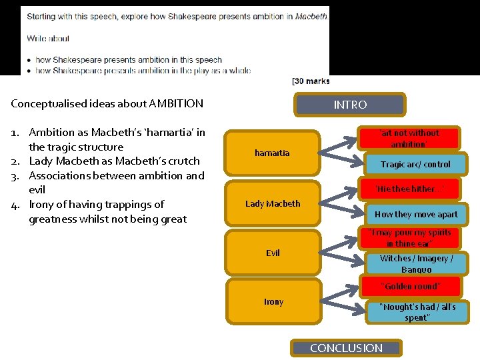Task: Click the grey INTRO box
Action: click(x=350, y=105)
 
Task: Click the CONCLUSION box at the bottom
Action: click(x=347, y=348)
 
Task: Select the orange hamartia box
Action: click(x=272, y=153)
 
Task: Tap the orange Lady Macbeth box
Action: click(x=273, y=204)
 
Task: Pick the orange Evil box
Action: click(x=273, y=253)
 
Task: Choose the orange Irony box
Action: click(x=273, y=301)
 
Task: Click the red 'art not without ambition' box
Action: click(x=409, y=139)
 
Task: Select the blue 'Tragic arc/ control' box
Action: click(x=415, y=164)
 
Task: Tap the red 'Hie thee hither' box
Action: click(x=408, y=189)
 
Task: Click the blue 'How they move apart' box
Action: click(x=416, y=214)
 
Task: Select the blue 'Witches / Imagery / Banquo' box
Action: click(x=416, y=263)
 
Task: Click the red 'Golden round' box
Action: click(x=410, y=286)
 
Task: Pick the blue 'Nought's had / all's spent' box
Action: click(x=417, y=312)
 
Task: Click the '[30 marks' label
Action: click(x=311, y=81)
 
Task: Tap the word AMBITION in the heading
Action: click(x=177, y=104)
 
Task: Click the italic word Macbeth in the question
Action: click(x=311, y=15)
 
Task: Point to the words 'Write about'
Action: click(x=48, y=39)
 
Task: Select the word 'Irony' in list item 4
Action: click(x=42, y=205)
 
